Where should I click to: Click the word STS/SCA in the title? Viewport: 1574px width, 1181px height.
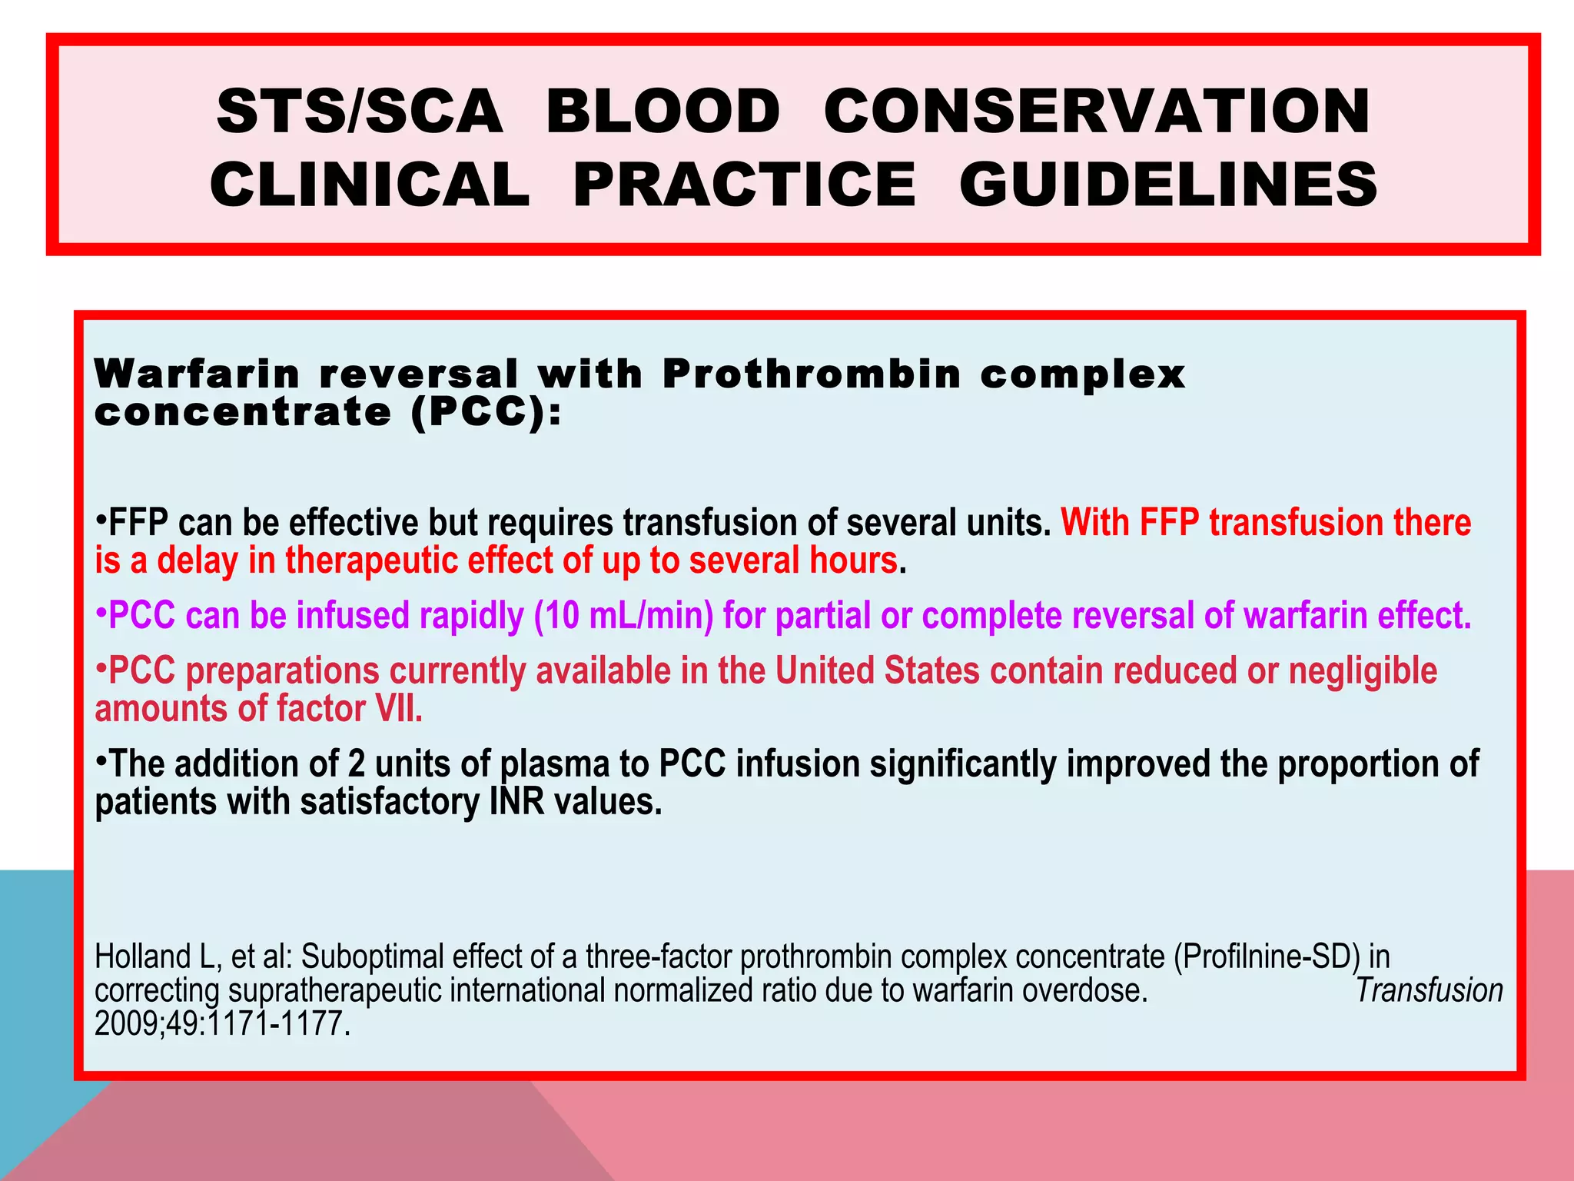pyautogui.click(x=360, y=111)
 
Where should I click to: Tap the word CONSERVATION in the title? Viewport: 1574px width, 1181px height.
pyautogui.click(x=1097, y=111)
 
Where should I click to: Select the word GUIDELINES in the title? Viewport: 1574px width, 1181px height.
pyautogui.click(x=1168, y=185)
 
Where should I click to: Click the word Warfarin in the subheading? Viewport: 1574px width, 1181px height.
pyautogui.click(x=197, y=374)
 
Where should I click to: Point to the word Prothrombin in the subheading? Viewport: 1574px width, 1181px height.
pyautogui.click(x=812, y=374)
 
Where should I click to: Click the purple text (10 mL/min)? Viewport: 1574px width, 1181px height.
pyautogui.click(x=623, y=617)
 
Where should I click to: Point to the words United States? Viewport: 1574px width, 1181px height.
pyautogui.click(x=877, y=671)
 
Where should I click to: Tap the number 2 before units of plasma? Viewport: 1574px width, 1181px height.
pyautogui.click(x=356, y=764)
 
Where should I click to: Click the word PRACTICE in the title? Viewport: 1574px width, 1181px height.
pyautogui.click(x=744, y=185)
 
